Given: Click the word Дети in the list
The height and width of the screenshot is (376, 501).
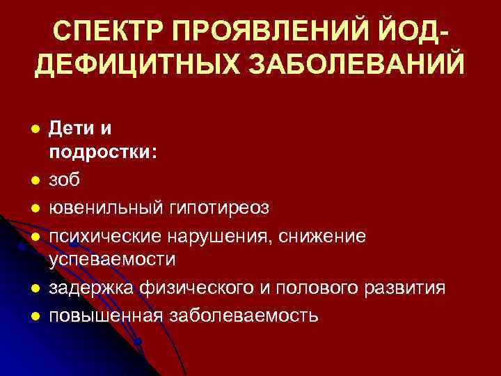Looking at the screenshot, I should (x=72, y=130).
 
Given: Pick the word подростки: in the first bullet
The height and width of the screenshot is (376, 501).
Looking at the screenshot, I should (x=103, y=154).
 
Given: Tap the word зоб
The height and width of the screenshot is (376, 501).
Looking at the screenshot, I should (x=64, y=180).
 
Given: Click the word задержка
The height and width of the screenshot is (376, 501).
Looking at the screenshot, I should (x=91, y=288).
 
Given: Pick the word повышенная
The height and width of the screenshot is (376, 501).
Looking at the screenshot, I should (x=105, y=315).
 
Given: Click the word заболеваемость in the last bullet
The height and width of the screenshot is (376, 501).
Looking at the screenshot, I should (x=241, y=315).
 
